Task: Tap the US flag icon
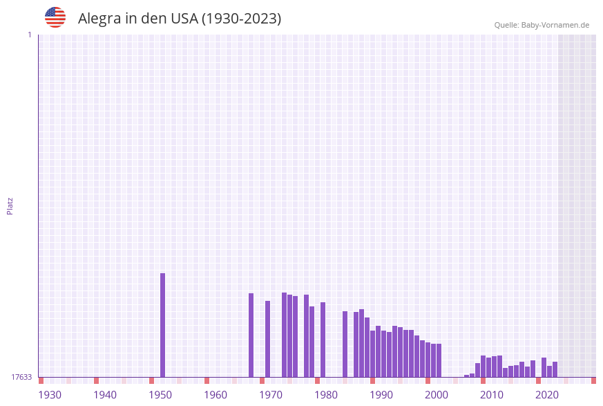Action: click(55, 17)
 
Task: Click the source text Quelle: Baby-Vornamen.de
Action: click(542, 25)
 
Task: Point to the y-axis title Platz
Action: click(10, 205)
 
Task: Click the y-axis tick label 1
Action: click(29, 35)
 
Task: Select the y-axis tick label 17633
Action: click(21, 377)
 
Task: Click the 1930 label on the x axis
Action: click(50, 395)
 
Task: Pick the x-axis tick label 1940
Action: click(105, 395)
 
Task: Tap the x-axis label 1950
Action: click(160, 395)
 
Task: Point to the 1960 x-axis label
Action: click(216, 395)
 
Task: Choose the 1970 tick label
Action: click(271, 395)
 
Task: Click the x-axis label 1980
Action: click(326, 395)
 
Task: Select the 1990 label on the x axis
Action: click(381, 395)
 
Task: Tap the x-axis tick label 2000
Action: click(437, 395)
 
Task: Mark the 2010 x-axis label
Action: click(492, 395)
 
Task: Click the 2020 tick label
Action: click(547, 395)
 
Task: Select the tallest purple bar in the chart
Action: click(163, 325)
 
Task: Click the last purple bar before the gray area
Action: click(555, 369)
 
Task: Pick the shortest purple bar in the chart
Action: click(467, 376)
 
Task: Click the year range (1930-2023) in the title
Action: click(241, 19)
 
